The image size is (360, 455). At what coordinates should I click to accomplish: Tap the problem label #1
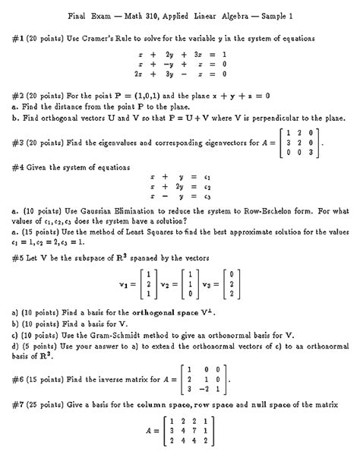click(18, 37)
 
